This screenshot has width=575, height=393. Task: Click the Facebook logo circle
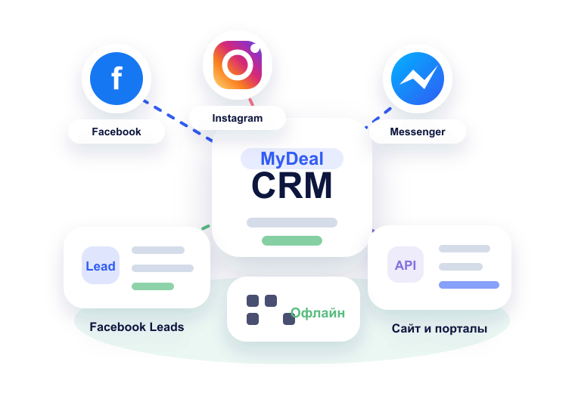117,79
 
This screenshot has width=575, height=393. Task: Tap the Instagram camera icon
238,65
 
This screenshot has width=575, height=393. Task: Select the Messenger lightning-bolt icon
418,79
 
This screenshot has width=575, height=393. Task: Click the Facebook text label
117,132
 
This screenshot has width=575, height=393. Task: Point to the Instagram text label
238,118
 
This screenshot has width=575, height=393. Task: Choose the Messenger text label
418,132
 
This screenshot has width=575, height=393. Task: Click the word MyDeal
292,159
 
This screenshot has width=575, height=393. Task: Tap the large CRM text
292,185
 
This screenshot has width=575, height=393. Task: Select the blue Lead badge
101,265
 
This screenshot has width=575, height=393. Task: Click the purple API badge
406,265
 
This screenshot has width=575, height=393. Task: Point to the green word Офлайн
318,313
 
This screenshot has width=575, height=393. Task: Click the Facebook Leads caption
137,326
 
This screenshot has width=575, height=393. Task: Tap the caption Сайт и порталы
440,329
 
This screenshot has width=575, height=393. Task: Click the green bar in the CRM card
292,240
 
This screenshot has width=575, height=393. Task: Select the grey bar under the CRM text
292,222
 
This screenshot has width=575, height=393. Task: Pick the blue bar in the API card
469,285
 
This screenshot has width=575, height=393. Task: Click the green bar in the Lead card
153,286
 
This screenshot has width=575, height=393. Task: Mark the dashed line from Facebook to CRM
178,121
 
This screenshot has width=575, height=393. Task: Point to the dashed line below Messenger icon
378,118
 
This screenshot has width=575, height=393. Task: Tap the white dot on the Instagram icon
256,48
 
